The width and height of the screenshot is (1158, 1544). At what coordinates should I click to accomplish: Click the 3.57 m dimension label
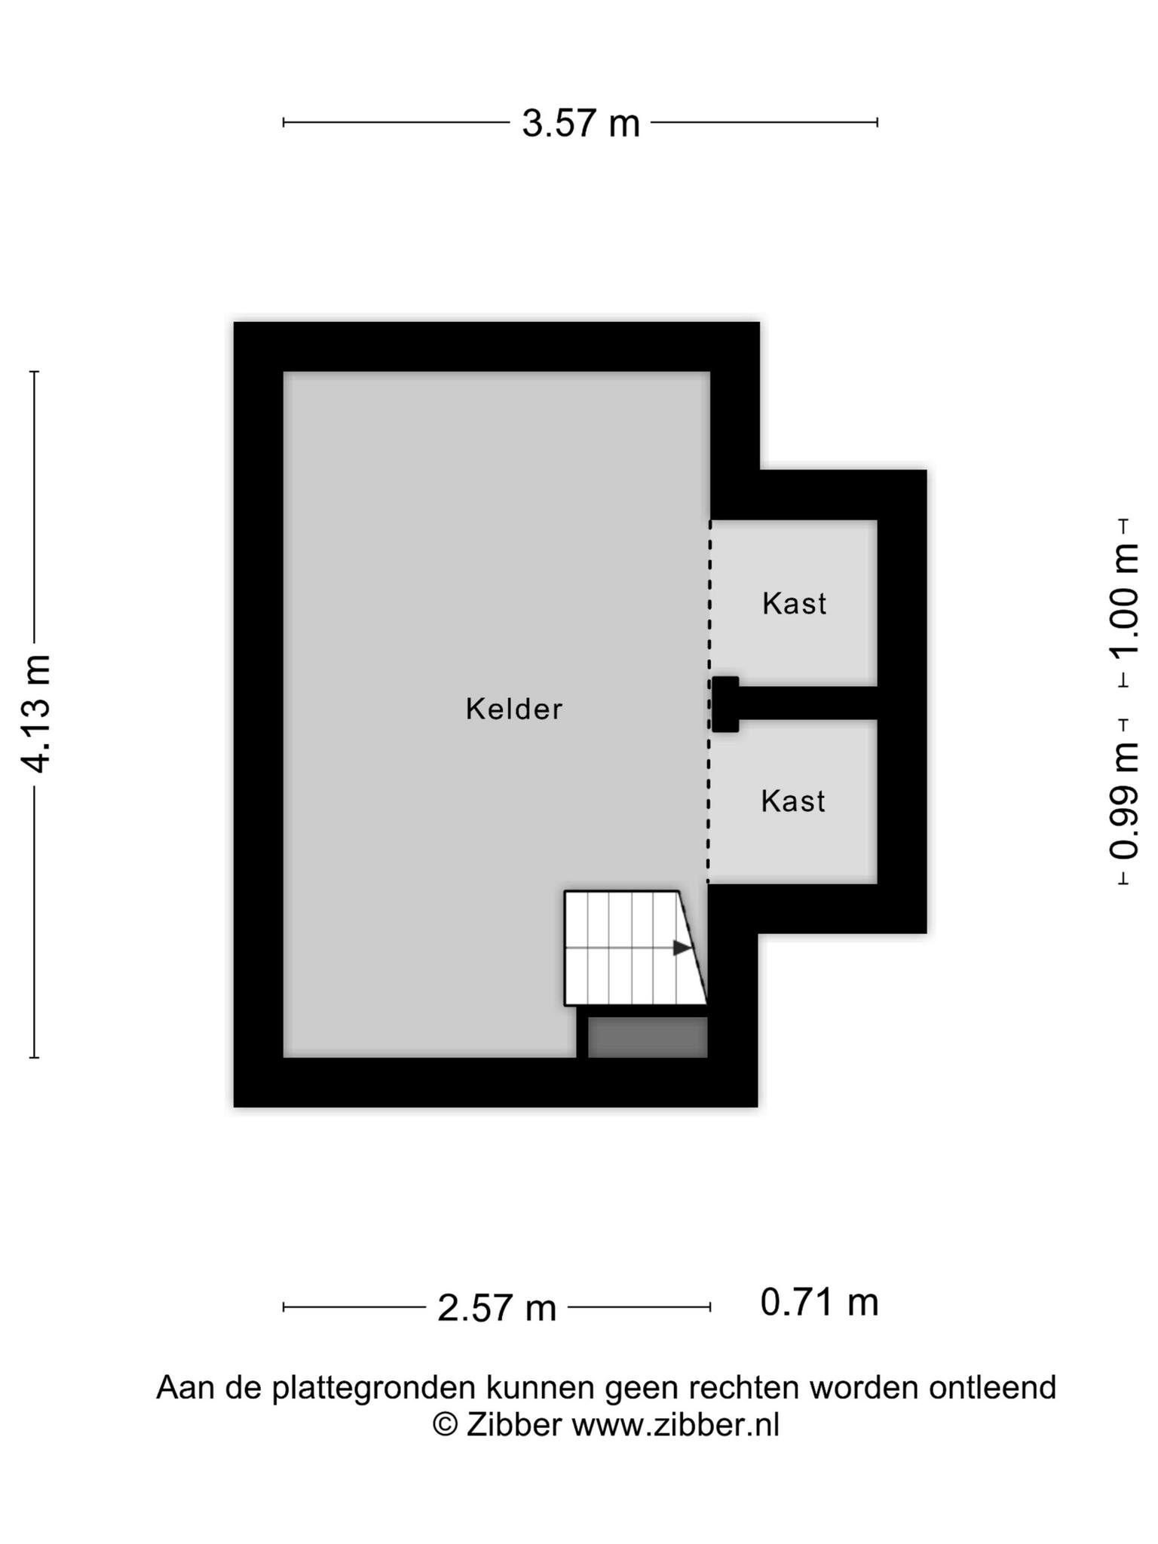tap(581, 123)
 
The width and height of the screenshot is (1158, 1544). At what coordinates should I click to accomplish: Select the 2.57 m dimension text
tap(497, 1308)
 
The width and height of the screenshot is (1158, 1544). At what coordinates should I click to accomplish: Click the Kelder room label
tap(514, 709)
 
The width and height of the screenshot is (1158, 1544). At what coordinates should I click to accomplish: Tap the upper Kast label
tap(795, 603)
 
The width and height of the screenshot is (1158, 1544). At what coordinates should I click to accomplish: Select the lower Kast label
tap(793, 801)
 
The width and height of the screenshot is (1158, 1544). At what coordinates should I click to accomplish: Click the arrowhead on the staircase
tap(682, 948)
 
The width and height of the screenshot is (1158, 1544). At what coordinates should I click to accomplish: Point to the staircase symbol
tap(636, 948)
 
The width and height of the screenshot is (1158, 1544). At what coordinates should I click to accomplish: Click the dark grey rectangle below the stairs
tap(648, 1037)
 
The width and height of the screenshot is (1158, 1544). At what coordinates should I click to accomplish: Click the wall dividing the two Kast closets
tap(807, 703)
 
